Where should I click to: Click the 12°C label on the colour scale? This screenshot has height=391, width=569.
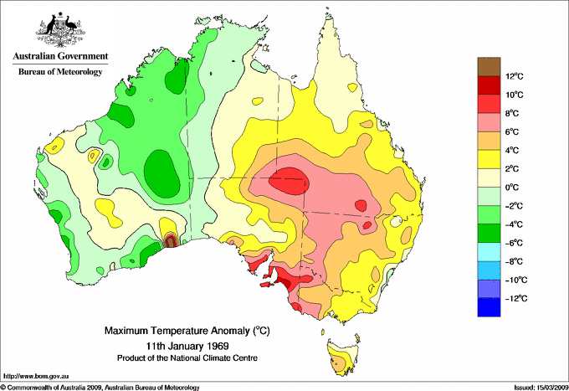[515, 76]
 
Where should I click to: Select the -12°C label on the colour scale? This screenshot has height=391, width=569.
[515, 298]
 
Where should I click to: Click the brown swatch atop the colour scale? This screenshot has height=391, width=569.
[490, 66]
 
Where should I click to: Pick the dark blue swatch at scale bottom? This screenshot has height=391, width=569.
[490, 307]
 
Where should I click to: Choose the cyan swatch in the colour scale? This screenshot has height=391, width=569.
[490, 252]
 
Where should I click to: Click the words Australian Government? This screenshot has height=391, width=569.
[60, 57]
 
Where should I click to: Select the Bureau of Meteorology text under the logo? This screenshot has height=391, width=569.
[60, 72]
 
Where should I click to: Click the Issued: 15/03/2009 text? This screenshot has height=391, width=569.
[537, 387]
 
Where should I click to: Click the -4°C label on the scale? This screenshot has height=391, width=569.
[515, 224]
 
